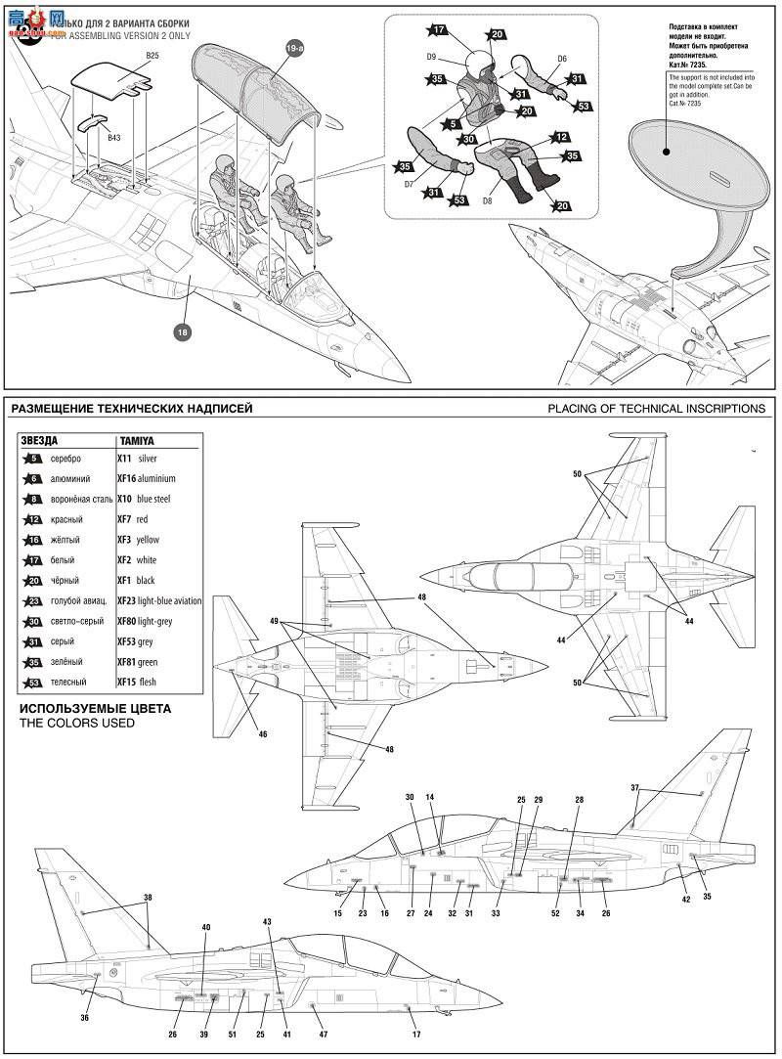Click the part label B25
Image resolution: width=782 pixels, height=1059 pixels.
152,57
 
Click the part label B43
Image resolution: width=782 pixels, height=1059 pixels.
114,139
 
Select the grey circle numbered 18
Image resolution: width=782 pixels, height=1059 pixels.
182,332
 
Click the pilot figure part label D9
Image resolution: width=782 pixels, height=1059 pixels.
431,58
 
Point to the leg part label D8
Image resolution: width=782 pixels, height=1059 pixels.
487,200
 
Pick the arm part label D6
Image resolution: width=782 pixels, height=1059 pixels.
562,59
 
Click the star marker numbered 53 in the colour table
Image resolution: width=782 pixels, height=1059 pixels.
34,683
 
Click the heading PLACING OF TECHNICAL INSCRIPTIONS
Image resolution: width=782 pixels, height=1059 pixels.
656,409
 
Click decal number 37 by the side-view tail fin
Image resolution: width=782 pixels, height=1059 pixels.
634,787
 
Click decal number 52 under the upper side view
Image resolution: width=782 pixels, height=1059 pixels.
555,913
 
